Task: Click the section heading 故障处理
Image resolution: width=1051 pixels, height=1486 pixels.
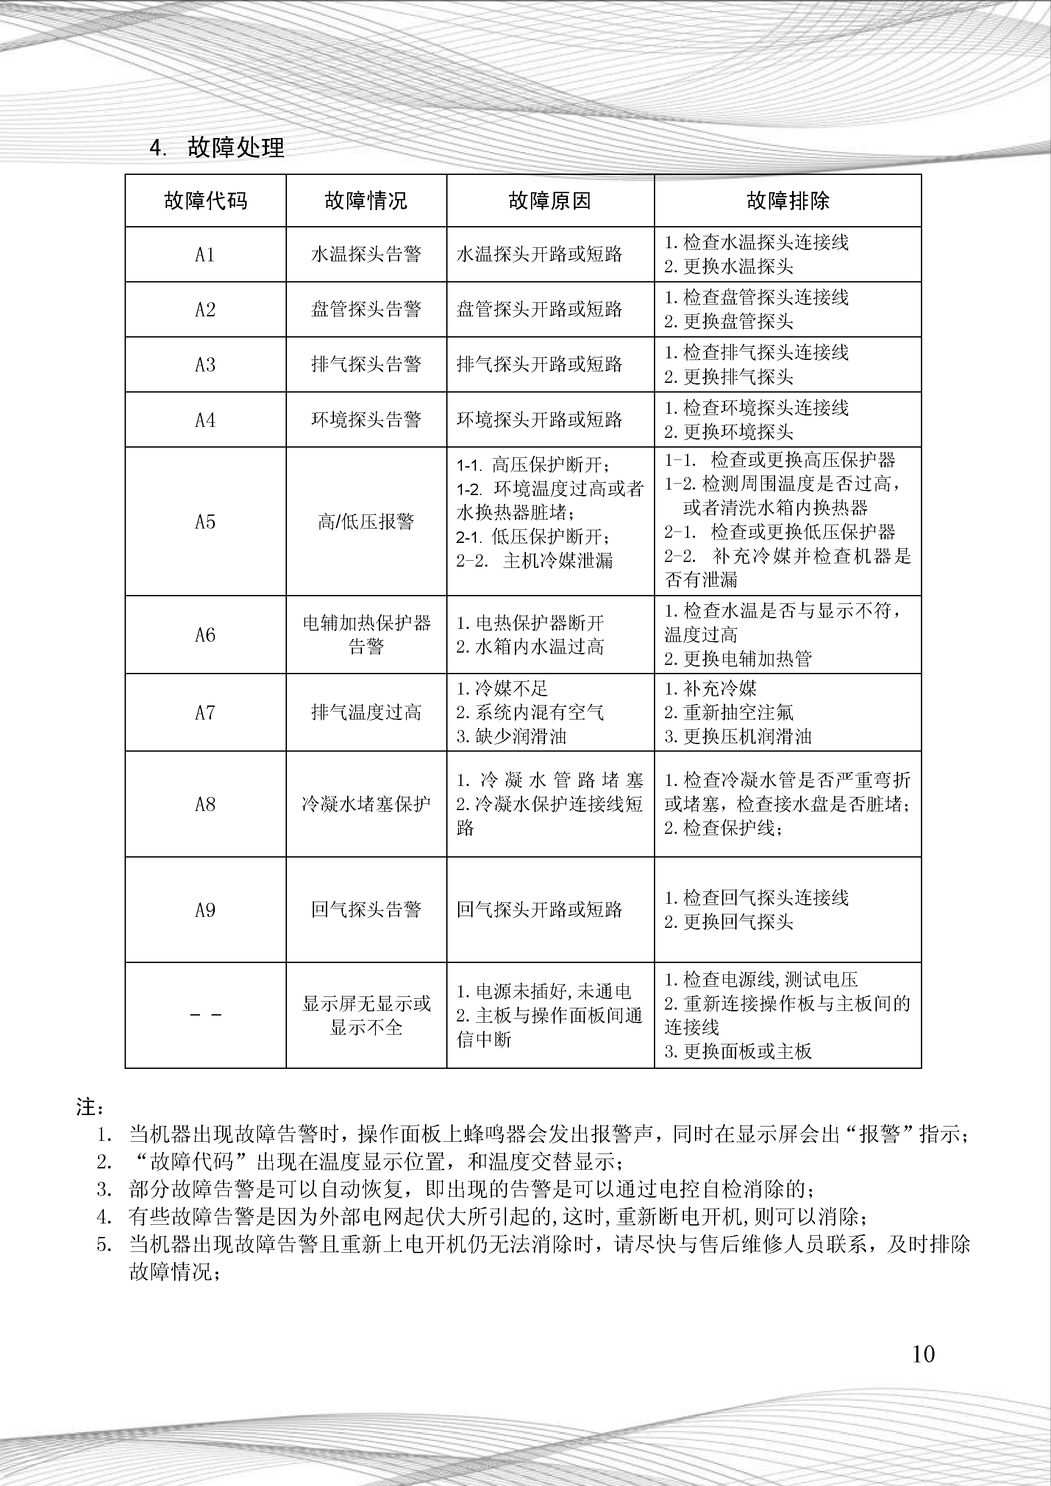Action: coord(236,148)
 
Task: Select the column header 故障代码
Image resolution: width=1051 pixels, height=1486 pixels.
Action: coord(205,201)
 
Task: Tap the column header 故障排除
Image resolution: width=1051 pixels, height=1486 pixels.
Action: coord(787,201)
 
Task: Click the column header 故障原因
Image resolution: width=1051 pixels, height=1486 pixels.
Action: coord(550,201)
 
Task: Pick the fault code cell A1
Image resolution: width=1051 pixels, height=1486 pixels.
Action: coord(205,255)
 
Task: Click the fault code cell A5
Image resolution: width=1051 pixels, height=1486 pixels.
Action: coord(205,522)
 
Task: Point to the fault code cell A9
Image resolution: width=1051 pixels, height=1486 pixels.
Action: coord(205,910)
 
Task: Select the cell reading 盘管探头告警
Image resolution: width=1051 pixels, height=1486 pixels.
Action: coord(366,310)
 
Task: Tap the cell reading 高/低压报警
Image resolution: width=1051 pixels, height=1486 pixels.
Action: coord(366,522)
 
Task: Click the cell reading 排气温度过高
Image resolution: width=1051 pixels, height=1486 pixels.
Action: coord(366,713)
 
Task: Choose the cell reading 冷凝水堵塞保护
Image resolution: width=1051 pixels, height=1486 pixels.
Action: coord(366,805)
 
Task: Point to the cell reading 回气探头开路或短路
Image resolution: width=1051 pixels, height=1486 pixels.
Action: coord(539,910)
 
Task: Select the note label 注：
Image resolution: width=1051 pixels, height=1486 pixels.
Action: coord(90,1107)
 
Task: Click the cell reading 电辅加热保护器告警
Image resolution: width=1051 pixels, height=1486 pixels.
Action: coord(366,635)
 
